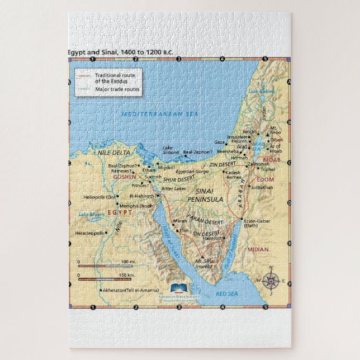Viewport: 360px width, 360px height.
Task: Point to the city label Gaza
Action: pos(220,143)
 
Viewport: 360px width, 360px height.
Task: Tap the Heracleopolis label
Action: pos(88,233)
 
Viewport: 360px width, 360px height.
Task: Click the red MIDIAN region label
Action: pos(258,249)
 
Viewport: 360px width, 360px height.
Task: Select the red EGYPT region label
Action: pos(120,212)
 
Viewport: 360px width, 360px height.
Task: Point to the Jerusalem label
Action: pos(237,137)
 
